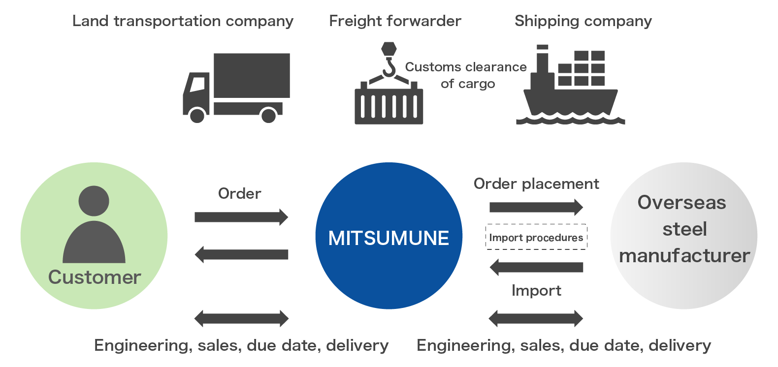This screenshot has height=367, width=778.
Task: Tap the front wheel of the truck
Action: coord(197,116)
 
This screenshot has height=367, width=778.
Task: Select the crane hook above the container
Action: coord(389,66)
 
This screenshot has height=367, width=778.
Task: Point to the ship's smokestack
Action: coord(542,61)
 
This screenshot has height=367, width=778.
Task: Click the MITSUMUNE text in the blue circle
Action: coord(389,238)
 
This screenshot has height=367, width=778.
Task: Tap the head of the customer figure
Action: coord(94,201)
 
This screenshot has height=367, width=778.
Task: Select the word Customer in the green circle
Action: coord(95,277)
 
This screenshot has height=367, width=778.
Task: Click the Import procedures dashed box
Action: coord(536,238)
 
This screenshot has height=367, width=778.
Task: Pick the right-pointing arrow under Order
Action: coord(241,217)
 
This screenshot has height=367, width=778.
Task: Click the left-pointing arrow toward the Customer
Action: coord(241,254)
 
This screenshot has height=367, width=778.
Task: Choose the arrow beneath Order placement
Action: coord(536,207)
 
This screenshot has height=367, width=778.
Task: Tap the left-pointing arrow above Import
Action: coord(536,268)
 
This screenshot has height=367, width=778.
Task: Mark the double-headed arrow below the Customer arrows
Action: coord(241,318)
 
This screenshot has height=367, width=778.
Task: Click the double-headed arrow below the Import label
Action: coord(536,318)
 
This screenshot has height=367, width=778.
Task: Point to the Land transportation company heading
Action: coord(183,21)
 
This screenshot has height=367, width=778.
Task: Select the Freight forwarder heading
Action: coord(395,21)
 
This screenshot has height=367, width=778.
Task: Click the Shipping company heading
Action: coord(583,21)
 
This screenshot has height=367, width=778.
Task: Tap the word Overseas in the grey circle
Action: coord(681,203)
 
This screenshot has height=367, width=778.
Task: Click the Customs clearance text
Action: coord(466,67)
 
